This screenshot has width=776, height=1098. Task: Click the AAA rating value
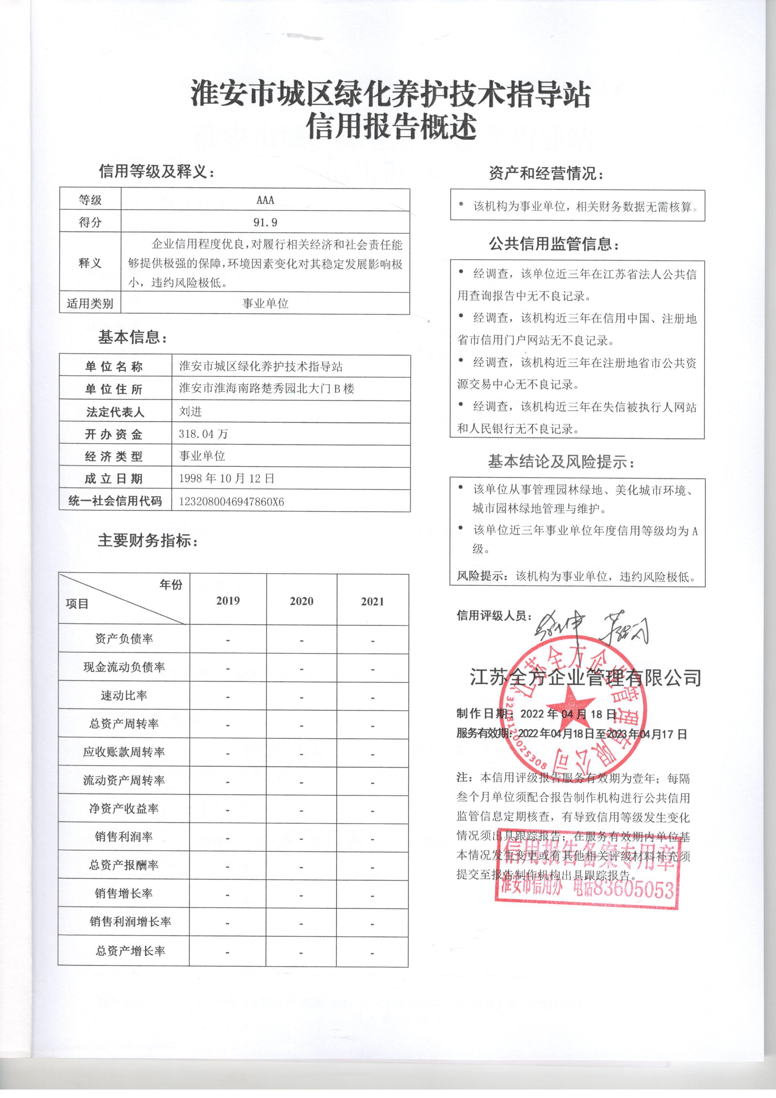(x=265, y=200)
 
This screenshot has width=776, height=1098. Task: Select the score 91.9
(x=265, y=222)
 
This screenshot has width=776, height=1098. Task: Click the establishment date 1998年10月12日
(x=226, y=478)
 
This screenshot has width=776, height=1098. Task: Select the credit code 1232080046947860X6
(x=231, y=501)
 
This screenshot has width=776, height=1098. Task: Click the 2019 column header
(x=228, y=601)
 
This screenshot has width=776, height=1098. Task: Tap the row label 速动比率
(x=124, y=696)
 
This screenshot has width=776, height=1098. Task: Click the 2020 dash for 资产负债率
(x=302, y=640)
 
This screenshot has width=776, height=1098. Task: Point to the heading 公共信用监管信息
(x=553, y=245)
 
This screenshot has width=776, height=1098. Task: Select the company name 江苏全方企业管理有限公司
(x=585, y=678)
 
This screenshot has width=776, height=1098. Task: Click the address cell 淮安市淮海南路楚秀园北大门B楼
(x=266, y=388)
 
